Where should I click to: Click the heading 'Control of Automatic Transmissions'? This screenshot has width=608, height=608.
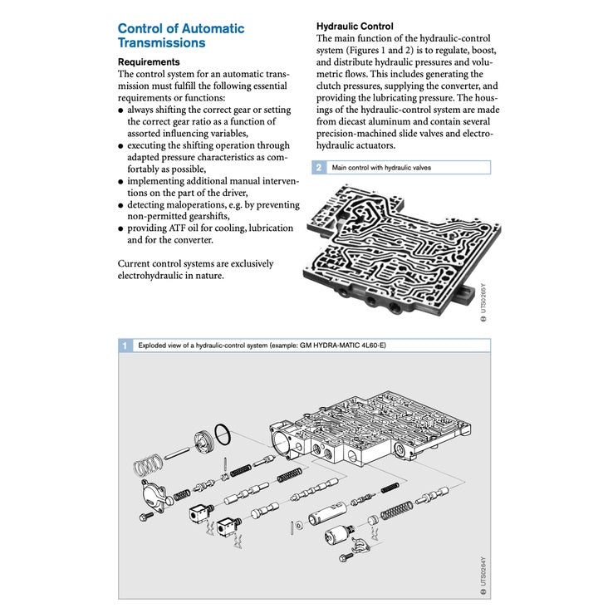pyautogui.click(x=181, y=35)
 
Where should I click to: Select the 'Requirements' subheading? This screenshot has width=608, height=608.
pyautogui.click(x=148, y=62)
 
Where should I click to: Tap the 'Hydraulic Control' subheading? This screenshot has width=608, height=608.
pyautogui.click(x=355, y=27)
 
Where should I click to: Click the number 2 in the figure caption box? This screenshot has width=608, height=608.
pyautogui.click(x=318, y=167)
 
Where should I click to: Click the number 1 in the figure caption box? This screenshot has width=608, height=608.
pyautogui.click(x=125, y=344)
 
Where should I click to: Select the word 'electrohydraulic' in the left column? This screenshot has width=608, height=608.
pyautogui.click(x=150, y=276)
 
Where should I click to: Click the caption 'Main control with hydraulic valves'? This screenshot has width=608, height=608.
pyautogui.click(x=380, y=167)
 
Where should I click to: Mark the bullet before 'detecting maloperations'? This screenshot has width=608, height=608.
pyautogui.click(x=120, y=204)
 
